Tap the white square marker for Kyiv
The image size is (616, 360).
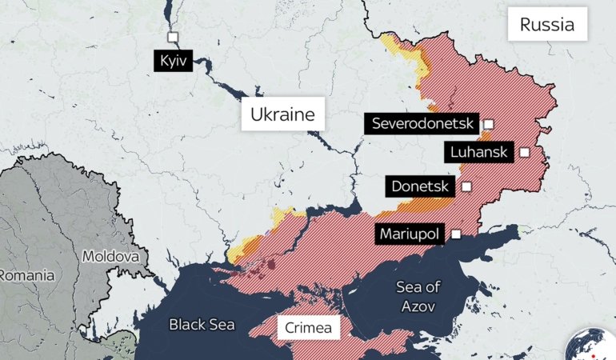pyautogui.click(x=172, y=37)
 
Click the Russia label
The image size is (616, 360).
pyautogui.click(x=547, y=25)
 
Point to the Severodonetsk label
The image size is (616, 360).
pyautogui.click(x=422, y=124)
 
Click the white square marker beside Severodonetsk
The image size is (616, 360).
pyautogui.click(x=488, y=124)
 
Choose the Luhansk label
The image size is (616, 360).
pyautogui.click(x=480, y=152)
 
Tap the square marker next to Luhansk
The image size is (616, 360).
pyautogui.click(x=524, y=152)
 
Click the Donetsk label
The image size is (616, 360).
pyautogui.click(x=422, y=186)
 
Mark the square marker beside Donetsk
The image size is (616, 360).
pyautogui.click(x=466, y=186)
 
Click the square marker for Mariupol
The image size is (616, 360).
pyautogui.click(x=456, y=234)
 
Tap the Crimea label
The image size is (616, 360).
pyautogui.click(x=308, y=328)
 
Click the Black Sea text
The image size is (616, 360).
pyautogui.click(x=202, y=324)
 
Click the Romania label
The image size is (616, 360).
pyautogui.click(x=27, y=275)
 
